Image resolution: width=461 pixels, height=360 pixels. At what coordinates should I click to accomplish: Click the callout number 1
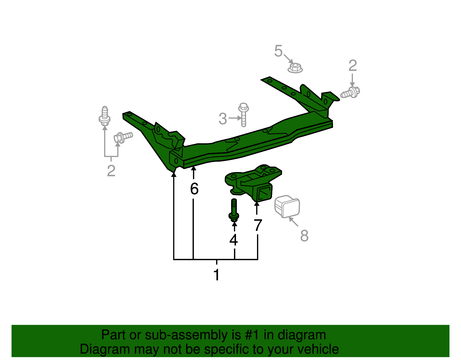click(217, 275)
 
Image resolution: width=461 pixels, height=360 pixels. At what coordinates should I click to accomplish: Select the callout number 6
click(194, 189)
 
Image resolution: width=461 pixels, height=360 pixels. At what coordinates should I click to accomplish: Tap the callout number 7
click(258, 225)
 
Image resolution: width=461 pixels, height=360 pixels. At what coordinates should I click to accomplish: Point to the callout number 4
click(234, 240)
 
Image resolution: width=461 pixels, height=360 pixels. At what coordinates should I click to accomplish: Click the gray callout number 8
click(304, 235)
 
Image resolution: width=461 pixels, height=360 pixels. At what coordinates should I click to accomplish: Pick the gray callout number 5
click(278, 51)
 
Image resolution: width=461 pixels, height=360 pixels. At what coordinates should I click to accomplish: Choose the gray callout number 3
click(223, 118)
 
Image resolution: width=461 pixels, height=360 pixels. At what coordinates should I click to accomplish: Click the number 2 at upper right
click(353, 66)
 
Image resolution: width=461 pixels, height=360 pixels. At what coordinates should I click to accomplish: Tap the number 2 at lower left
click(111, 171)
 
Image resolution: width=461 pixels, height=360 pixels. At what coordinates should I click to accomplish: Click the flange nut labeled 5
click(295, 68)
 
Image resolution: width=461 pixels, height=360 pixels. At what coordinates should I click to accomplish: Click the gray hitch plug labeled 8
click(287, 206)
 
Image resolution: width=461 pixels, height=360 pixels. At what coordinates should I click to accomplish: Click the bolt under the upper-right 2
click(350, 93)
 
